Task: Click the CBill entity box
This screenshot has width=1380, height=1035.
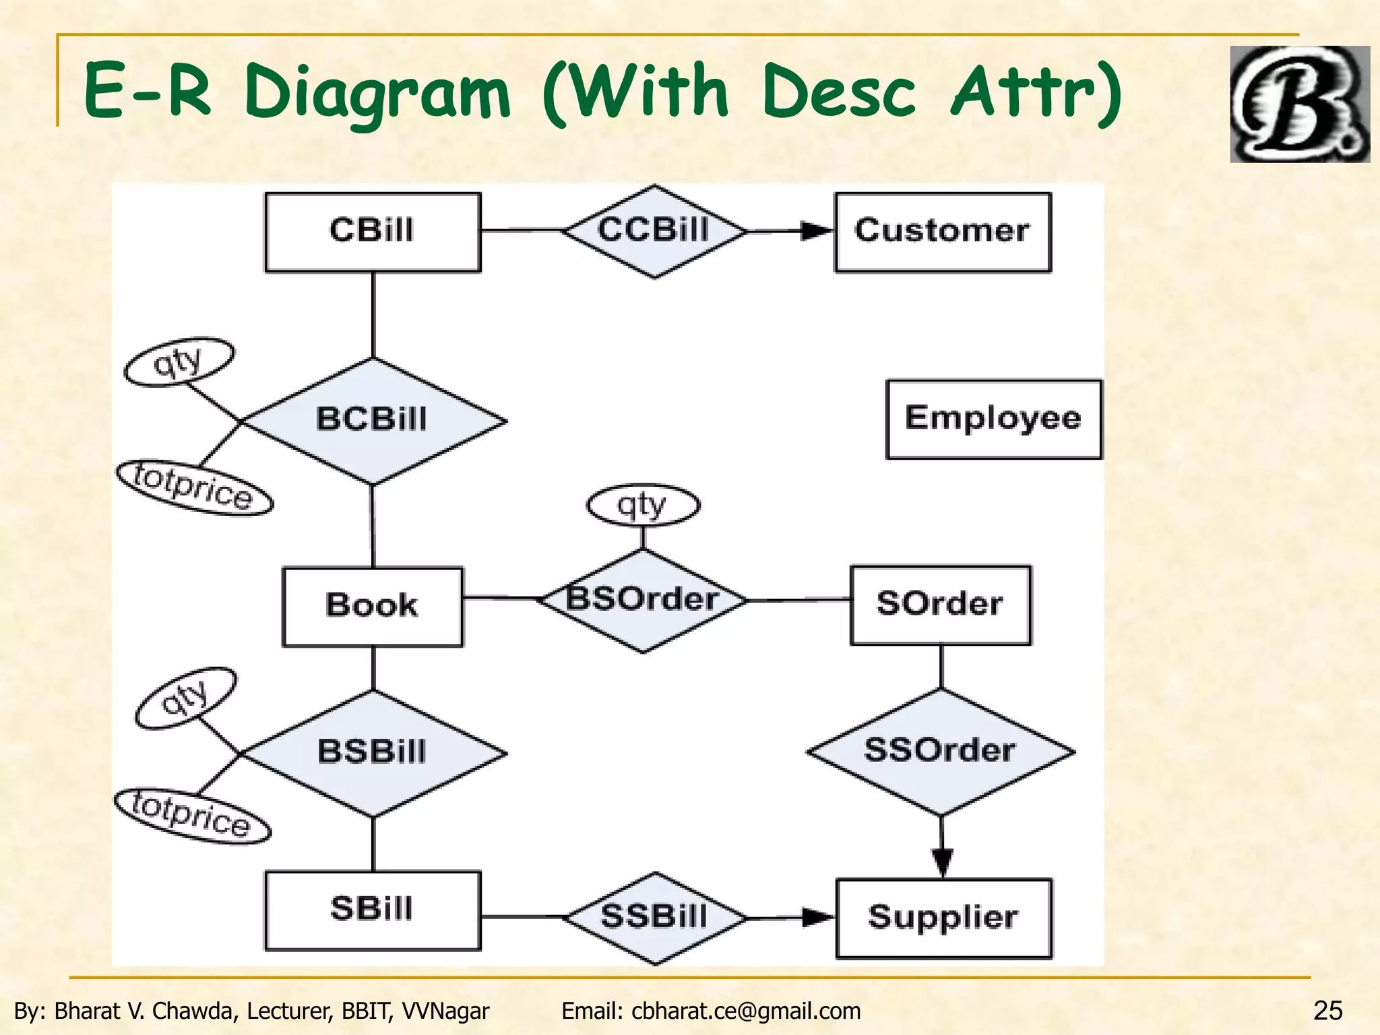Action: tap(373, 232)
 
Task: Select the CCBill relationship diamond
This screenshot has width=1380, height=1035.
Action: tap(654, 231)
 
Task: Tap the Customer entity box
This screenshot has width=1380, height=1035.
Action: tap(942, 232)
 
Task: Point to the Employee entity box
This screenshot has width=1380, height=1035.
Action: tap(993, 419)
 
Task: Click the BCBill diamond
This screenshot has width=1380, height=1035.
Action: tap(373, 420)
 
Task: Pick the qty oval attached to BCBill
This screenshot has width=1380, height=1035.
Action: tap(179, 362)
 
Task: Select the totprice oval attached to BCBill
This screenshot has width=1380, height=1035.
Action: tap(195, 488)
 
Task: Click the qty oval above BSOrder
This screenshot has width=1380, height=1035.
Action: tap(643, 505)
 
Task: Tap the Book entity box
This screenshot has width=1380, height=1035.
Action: tap(373, 606)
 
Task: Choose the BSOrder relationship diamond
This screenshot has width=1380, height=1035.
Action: tap(643, 600)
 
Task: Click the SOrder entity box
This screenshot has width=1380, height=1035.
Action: tap(940, 605)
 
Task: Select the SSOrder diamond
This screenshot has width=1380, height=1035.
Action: tap(940, 751)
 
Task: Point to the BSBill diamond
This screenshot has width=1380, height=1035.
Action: tap(373, 753)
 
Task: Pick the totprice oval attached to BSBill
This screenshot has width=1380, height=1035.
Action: tap(193, 815)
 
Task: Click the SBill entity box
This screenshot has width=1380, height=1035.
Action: tap(373, 910)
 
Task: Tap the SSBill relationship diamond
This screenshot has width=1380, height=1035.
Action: tap(654, 918)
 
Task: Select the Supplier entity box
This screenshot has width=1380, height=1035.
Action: tap(943, 918)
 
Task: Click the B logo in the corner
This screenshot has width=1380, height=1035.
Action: tap(1298, 104)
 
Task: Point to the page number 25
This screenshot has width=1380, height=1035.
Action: tap(1327, 1011)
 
